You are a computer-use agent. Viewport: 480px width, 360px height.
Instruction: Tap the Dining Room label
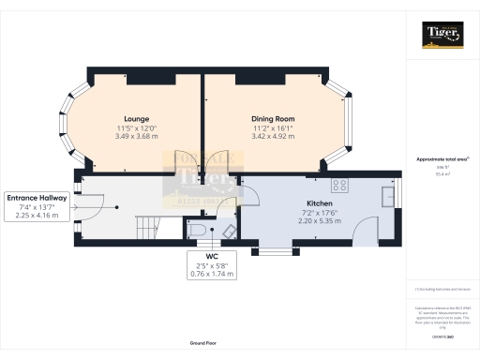273,119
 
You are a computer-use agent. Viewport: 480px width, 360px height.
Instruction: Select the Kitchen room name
320,202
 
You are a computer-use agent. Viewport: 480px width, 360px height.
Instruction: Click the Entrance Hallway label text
37,198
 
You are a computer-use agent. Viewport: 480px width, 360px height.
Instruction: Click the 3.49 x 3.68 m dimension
138,136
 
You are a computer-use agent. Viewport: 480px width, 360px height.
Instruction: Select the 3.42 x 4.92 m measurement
273,136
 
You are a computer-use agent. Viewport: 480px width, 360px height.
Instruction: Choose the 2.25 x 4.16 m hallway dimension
37,215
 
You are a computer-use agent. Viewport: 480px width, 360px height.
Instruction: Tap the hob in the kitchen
337,185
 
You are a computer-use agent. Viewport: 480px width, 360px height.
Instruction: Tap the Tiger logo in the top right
442,36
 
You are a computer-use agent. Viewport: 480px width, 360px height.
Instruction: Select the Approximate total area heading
442,159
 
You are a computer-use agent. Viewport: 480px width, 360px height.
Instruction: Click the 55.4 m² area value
442,174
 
